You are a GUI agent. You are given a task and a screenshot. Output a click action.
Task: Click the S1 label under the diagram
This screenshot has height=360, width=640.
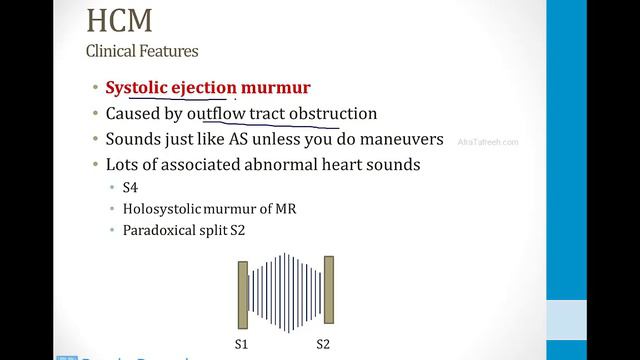click(x=240, y=344)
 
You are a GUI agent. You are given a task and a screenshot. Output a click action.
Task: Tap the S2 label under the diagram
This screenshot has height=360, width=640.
click(x=324, y=344)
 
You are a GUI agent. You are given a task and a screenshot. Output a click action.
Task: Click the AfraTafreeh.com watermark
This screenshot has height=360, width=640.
click(x=488, y=142)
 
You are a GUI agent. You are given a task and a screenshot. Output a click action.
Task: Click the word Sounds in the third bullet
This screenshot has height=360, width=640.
click(x=134, y=139)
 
